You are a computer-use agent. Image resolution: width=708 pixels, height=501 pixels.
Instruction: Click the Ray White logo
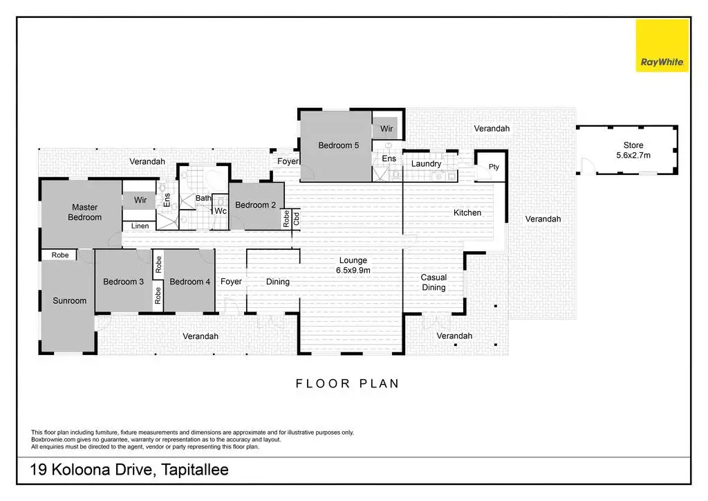(x=662, y=46)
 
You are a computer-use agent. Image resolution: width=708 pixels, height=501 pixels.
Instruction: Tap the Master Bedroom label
(x=84, y=212)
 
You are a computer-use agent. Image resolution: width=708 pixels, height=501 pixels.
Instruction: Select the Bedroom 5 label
(x=338, y=145)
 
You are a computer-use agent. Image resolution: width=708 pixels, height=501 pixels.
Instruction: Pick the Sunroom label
(x=70, y=301)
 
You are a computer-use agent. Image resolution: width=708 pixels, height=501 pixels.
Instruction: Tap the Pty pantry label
(x=494, y=167)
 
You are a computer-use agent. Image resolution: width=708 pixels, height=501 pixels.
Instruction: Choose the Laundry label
(x=426, y=164)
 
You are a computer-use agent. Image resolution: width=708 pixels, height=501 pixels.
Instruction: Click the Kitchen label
(x=467, y=212)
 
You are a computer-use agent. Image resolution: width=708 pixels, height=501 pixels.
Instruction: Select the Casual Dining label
(x=434, y=282)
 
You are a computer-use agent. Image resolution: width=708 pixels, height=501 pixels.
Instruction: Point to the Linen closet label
(x=140, y=226)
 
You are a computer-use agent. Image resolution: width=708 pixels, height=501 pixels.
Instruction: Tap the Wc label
(x=221, y=211)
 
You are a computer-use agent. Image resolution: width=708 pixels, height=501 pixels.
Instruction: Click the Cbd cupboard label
(x=296, y=219)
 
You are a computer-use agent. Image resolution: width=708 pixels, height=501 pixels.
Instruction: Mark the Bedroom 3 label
(x=123, y=282)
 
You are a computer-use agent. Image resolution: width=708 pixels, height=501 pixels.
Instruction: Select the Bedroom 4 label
(x=189, y=282)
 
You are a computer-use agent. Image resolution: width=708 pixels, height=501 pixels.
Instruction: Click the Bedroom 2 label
(x=255, y=205)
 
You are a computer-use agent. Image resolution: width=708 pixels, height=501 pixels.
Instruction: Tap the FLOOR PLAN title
(x=347, y=383)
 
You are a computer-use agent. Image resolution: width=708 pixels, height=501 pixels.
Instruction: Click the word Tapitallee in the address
(x=195, y=470)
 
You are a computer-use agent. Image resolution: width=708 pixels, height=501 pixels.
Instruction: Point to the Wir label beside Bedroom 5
(x=386, y=129)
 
